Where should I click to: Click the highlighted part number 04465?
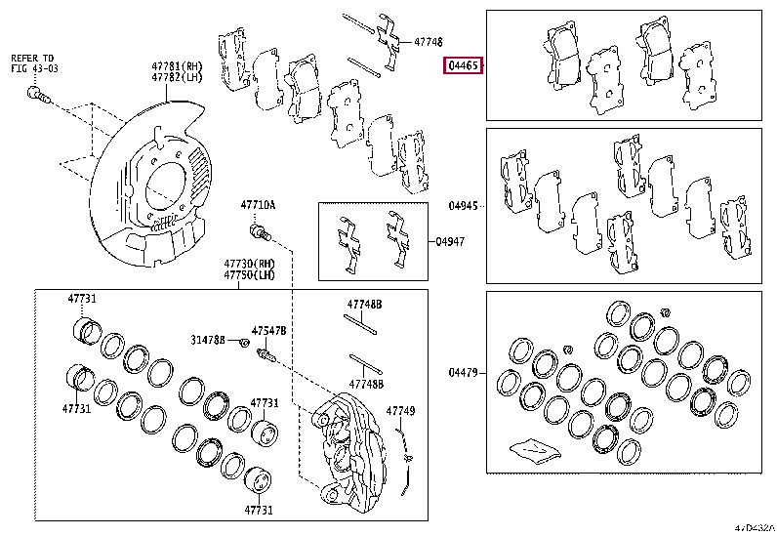tap(461, 67)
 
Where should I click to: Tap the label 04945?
tap(463, 206)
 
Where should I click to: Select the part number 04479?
tap(463, 372)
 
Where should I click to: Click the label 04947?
tap(450, 239)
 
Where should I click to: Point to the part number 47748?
tap(428, 43)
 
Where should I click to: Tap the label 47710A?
tap(259, 205)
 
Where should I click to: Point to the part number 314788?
tap(208, 340)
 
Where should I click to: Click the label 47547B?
tap(268, 331)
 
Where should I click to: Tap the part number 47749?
tap(400, 411)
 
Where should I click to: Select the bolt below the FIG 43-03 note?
tap(38, 95)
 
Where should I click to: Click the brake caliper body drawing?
tap(347, 444)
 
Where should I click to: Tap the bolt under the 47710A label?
tap(260, 231)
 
